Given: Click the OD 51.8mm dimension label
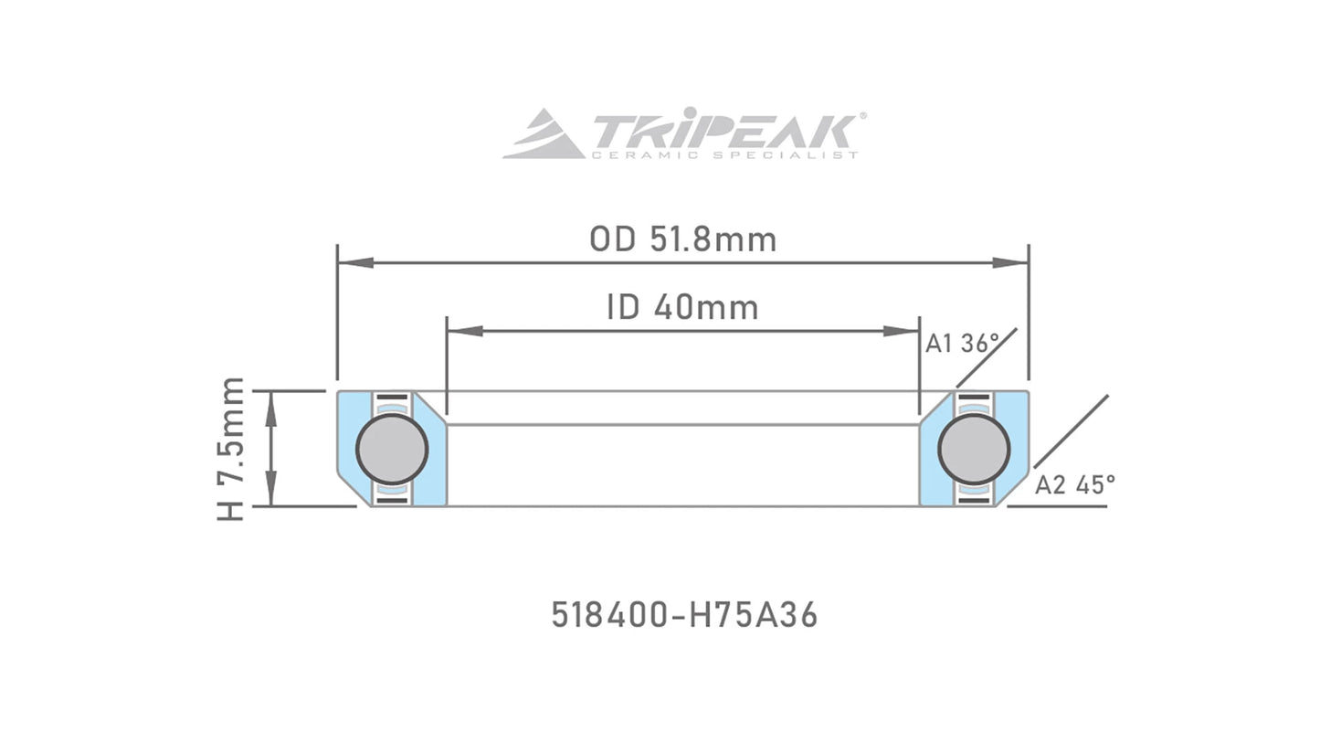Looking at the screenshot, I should [x=682, y=239].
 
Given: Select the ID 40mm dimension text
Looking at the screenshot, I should [x=682, y=308].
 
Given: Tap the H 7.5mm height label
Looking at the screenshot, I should [x=231, y=449].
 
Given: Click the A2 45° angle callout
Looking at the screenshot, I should [x=1074, y=484].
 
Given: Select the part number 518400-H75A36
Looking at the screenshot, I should [x=684, y=615].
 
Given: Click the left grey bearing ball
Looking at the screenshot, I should [x=392, y=449].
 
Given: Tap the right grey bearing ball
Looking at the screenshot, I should [x=974, y=449].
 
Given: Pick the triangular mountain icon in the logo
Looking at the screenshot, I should [x=543, y=135].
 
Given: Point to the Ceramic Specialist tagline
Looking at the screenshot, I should [x=723, y=155].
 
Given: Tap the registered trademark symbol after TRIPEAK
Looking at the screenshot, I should [x=863, y=116].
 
